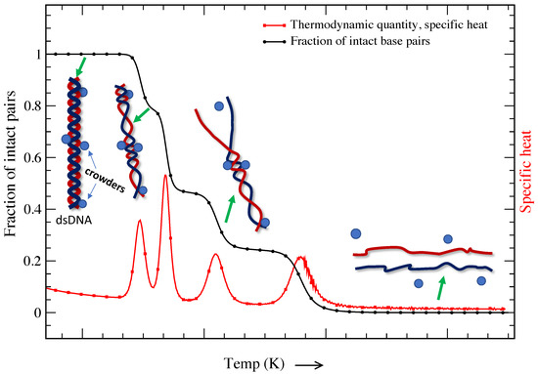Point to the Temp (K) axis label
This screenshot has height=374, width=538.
255,363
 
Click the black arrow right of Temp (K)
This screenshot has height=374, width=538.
308,363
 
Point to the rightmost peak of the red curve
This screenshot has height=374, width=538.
301,258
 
